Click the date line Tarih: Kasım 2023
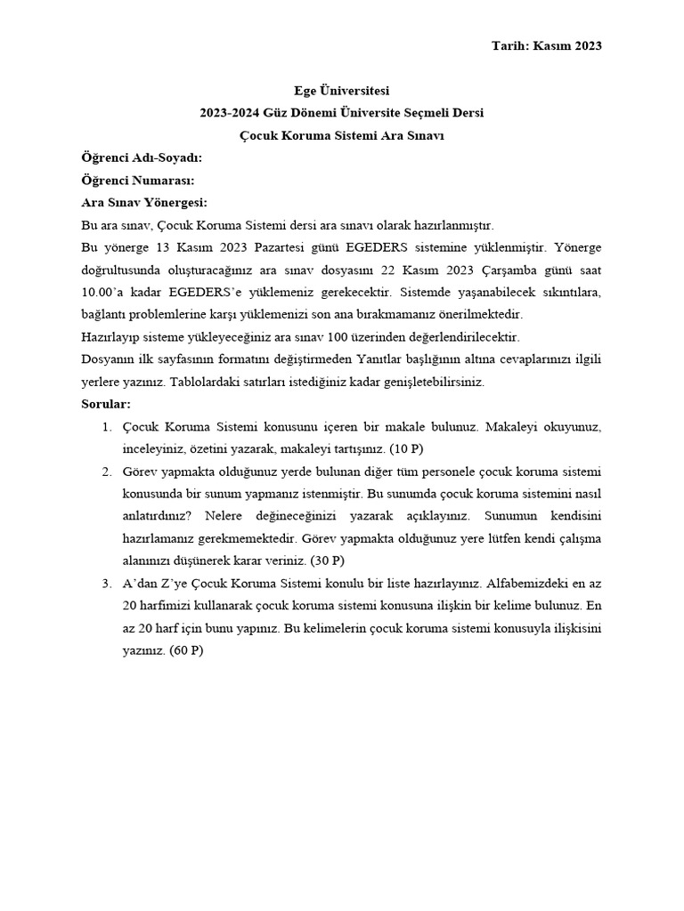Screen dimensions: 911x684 [546, 45]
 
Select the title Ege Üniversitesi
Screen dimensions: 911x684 [342, 91]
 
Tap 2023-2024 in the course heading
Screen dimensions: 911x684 [229, 113]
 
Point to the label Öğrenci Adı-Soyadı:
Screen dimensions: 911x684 [142, 157]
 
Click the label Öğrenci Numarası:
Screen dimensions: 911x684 [138, 180]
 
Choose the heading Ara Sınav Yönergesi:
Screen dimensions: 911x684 [144, 202]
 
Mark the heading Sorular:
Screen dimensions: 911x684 [106, 404]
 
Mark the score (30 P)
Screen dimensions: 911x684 [326, 561]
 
